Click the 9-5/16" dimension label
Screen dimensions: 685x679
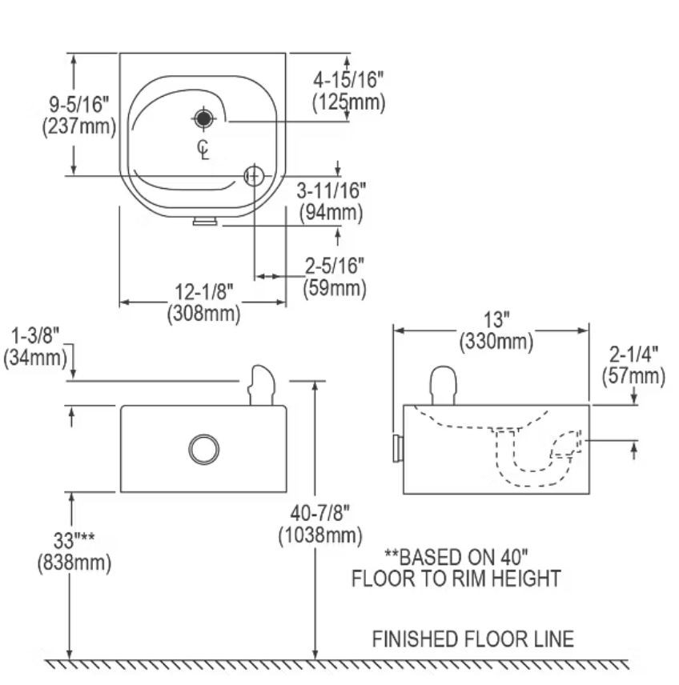point(78,104)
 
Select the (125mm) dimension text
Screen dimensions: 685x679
point(348,102)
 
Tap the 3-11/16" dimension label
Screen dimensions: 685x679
point(331,190)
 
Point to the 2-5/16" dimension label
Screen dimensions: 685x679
point(335,265)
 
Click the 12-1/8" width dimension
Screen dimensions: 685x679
point(203,292)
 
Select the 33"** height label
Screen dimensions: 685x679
point(74,541)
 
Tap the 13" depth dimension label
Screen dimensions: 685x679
point(496,320)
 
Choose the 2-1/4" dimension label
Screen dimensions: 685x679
point(637,355)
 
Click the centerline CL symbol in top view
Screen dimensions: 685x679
point(204,149)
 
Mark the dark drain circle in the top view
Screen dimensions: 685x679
point(204,118)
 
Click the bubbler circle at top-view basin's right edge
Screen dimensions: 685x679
point(254,175)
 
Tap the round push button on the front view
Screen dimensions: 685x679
point(204,448)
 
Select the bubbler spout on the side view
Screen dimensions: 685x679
point(444,385)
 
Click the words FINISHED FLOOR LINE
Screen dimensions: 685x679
point(472,639)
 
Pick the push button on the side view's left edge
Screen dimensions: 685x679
point(396,448)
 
